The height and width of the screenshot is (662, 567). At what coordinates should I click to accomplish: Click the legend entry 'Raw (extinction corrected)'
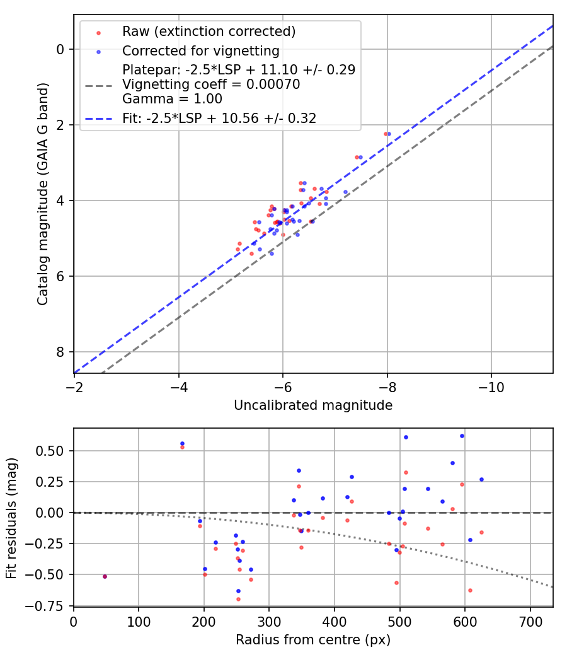point(209,32)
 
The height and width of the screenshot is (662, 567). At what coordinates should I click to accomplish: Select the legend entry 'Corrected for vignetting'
point(200,50)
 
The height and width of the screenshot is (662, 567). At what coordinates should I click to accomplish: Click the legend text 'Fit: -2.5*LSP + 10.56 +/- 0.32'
point(219,118)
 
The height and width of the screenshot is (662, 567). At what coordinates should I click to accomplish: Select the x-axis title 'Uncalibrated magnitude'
point(313,405)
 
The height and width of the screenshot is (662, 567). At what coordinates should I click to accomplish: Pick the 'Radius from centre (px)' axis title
point(313,640)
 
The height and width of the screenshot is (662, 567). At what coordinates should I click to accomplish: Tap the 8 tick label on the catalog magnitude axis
point(60,352)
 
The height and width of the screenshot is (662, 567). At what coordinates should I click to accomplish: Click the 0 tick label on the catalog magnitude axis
point(60,49)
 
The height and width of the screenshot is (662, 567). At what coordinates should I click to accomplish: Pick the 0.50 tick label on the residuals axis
point(52,451)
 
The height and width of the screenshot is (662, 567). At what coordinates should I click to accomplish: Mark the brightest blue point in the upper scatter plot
point(389,134)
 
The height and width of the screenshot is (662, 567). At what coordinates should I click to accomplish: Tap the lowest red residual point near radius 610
point(470,590)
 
